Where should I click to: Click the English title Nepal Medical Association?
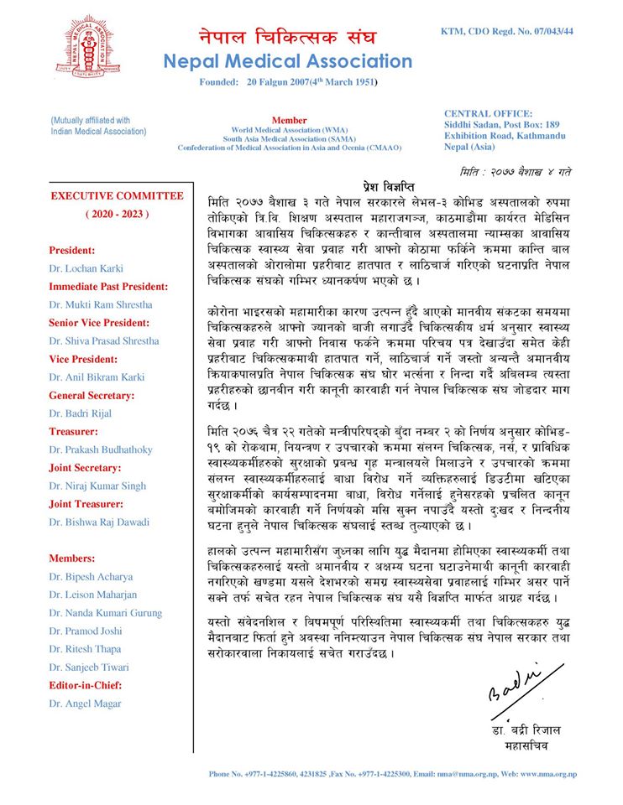click(288, 62)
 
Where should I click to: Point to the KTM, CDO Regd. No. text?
click(507, 31)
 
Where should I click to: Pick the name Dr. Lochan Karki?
click(86, 268)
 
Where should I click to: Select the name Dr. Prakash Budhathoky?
click(101, 449)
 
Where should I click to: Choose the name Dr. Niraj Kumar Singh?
click(99, 486)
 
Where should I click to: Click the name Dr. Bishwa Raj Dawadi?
click(99, 522)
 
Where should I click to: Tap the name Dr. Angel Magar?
click(85, 703)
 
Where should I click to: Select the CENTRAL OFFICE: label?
click(488, 113)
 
